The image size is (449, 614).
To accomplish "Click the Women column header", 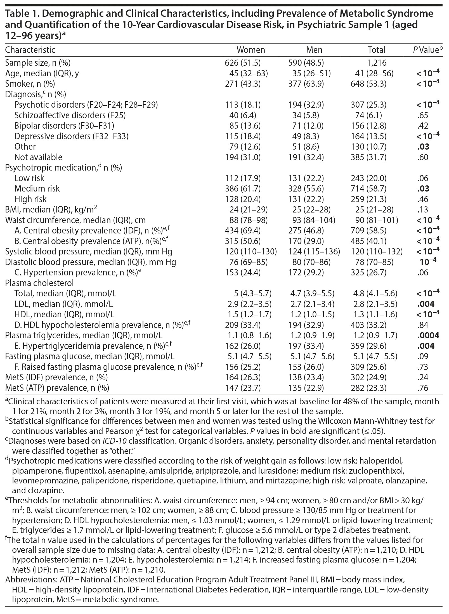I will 251,50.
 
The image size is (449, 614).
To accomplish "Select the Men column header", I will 314,50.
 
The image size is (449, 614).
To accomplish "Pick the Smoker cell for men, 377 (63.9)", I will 306,84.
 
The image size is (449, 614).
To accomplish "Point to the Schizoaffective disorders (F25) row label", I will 70,115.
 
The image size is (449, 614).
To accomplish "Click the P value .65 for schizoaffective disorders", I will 422,115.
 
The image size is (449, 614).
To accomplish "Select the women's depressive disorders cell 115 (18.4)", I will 243,136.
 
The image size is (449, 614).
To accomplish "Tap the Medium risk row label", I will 37,188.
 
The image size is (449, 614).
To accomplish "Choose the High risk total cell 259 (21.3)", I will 368,199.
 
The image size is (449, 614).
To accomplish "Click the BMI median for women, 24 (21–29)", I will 246,209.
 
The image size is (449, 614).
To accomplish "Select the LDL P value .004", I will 426,304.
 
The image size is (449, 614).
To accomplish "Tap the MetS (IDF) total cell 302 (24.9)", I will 368,377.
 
